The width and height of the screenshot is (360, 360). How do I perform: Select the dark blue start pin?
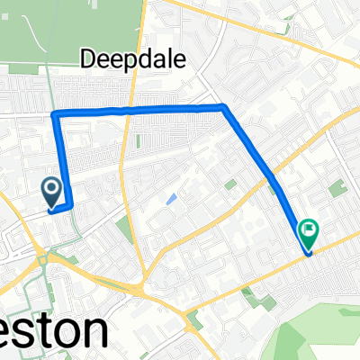[x=52, y=190]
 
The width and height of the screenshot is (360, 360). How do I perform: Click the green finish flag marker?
[x=309, y=233]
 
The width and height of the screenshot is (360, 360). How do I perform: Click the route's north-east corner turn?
[x=222, y=107]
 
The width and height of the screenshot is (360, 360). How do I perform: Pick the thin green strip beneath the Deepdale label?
[x=138, y=142]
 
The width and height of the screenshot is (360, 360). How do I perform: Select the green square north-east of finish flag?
[x=337, y=190]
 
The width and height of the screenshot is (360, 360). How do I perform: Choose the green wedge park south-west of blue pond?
[x=124, y=229]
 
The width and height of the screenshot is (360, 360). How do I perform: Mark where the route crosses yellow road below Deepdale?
[x=132, y=110]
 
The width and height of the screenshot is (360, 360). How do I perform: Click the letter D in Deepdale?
[x=88, y=59]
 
